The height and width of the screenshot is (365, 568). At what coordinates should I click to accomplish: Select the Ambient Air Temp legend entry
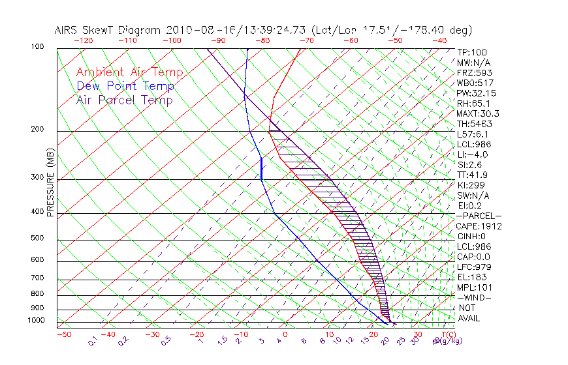click(130, 72)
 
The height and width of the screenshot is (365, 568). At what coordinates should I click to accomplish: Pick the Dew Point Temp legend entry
click(125, 86)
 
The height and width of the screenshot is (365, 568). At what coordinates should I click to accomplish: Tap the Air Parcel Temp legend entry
click(125, 100)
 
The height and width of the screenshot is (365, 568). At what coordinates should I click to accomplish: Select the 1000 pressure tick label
click(37, 321)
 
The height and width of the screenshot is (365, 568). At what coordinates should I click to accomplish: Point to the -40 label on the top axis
click(439, 40)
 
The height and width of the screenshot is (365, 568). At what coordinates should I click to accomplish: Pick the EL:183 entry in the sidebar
click(471, 277)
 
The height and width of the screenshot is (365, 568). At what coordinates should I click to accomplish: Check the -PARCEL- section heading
click(479, 216)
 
